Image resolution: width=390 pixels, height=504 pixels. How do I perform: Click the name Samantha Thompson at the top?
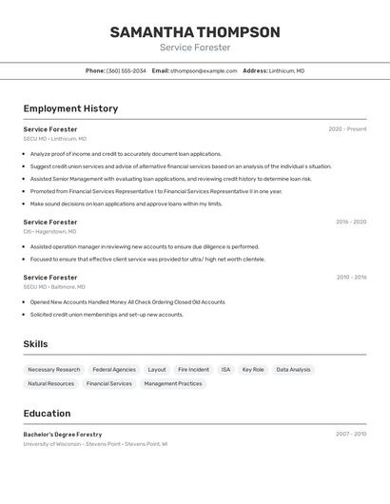pyautogui.click(x=195, y=32)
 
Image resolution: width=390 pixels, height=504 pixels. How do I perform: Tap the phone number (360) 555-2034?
pyautogui.click(x=126, y=71)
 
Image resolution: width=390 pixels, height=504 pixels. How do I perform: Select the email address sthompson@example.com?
pyautogui.click(x=204, y=71)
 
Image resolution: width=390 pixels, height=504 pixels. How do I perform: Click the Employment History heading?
pyautogui.click(x=70, y=108)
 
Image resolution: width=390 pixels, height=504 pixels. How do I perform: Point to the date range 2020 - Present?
pyautogui.click(x=347, y=129)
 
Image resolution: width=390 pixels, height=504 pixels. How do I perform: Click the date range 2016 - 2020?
pyautogui.click(x=350, y=223)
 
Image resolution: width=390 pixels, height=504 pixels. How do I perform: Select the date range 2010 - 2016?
pyautogui.click(x=350, y=278)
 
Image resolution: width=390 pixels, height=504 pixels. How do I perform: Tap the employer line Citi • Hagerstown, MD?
pyautogui.click(x=49, y=232)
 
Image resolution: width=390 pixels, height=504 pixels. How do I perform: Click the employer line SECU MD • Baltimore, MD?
pyautogui.click(x=54, y=287)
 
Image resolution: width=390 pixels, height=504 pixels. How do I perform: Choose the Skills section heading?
pyautogui.click(x=35, y=344)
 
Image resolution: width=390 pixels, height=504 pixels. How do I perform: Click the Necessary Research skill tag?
pyautogui.click(x=54, y=370)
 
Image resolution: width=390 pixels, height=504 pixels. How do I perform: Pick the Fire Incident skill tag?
pyautogui.click(x=193, y=370)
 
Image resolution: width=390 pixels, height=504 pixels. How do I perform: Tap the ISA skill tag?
pyautogui.click(x=225, y=370)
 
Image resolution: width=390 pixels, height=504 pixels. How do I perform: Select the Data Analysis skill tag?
pyautogui.click(x=293, y=370)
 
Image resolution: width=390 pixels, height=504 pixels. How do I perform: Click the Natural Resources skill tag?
pyautogui.click(x=50, y=384)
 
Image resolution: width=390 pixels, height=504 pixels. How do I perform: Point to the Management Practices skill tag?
pyautogui.click(x=173, y=384)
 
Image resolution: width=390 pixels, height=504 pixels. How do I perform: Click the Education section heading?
pyautogui.click(x=47, y=414)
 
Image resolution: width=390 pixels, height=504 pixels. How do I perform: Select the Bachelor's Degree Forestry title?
pyautogui.click(x=63, y=435)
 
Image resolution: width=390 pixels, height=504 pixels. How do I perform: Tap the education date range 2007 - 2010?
pyautogui.click(x=350, y=435)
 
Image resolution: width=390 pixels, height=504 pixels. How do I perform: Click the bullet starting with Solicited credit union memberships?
pyautogui.click(x=107, y=315)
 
